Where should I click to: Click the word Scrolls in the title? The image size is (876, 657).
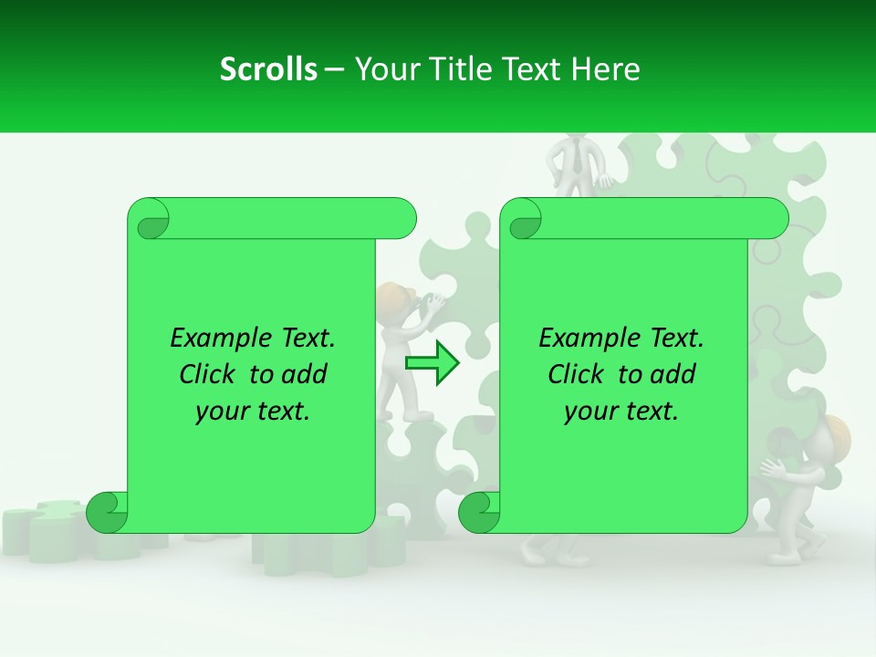tap(268, 69)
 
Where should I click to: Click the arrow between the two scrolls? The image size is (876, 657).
tap(433, 363)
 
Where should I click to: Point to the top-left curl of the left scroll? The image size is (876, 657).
tap(150, 220)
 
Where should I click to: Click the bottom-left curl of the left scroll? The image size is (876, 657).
tap(107, 512)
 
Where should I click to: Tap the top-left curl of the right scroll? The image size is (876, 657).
tap(523, 220)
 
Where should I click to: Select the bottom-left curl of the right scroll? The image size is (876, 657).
tap(479, 512)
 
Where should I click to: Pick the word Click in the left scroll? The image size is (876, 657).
tap(209, 374)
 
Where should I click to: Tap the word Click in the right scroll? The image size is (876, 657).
tap(578, 374)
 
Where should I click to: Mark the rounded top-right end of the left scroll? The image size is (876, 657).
tap(401, 219)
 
